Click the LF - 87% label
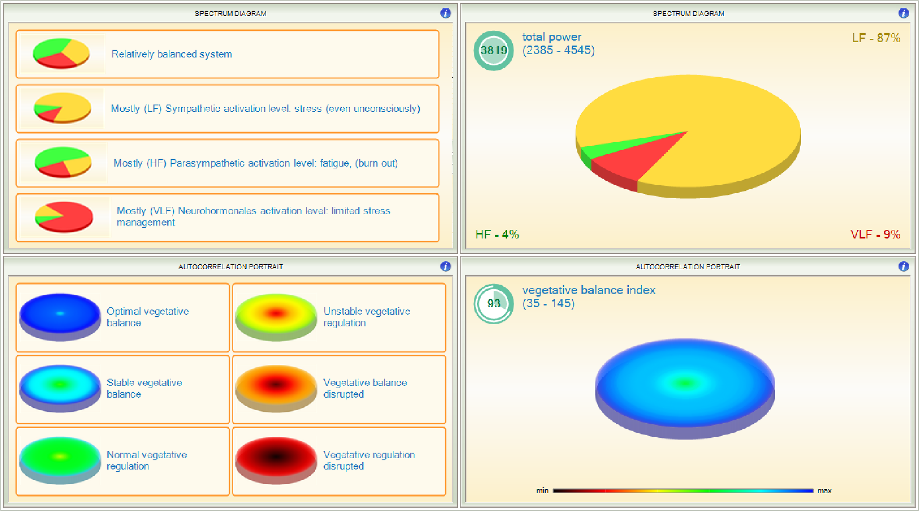tap(876, 38)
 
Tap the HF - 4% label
tap(497, 234)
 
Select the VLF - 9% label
tap(875, 234)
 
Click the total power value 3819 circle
tap(493, 50)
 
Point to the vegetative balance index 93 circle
tap(493, 304)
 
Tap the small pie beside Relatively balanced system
tap(61, 54)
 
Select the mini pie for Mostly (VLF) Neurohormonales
tap(64, 217)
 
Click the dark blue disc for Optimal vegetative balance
tap(60, 314)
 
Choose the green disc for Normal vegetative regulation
tap(60, 458)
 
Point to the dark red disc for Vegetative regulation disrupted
tap(276, 458)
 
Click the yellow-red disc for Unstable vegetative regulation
tap(276, 314)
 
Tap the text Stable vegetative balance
tap(144, 388)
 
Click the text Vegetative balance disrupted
tap(365, 388)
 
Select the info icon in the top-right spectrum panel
tap(903, 13)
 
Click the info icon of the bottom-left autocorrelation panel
tap(445, 266)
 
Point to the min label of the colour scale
tap(542, 491)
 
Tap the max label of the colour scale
tap(824, 491)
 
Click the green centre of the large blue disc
tap(685, 384)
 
